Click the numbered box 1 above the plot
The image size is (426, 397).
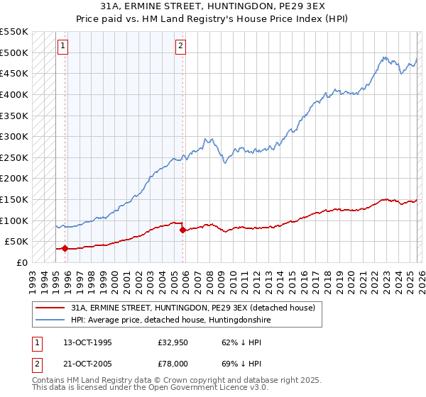click(x=62, y=46)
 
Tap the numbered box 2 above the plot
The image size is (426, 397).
click(x=180, y=46)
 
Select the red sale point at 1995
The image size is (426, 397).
click(x=65, y=248)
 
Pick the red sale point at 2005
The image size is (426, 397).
click(x=183, y=230)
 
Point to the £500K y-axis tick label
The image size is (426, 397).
click(x=13, y=52)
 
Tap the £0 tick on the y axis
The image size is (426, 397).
click(x=21, y=262)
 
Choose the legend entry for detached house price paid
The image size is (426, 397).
click(x=197, y=308)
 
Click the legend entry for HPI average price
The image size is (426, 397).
click(x=170, y=320)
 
